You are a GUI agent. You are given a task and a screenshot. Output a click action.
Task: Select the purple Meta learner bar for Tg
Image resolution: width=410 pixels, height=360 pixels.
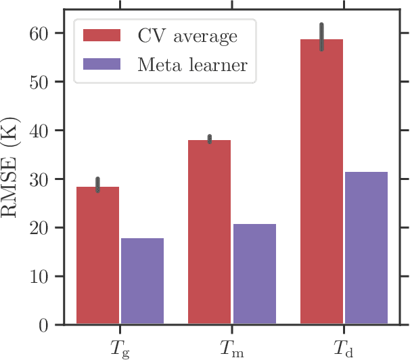pyautogui.click(x=142, y=282)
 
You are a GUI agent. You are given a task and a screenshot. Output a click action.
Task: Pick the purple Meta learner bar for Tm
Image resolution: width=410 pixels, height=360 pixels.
pyautogui.click(x=254, y=274)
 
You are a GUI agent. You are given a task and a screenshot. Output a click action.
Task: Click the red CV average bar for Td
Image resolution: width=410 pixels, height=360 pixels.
pyautogui.click(x=321, y=182)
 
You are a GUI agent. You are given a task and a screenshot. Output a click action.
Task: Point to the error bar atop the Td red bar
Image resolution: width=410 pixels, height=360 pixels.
pyautogui.click(x=321, y=37)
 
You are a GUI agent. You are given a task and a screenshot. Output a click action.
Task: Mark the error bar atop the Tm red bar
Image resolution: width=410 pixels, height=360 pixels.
pyautogui.click(x=209, y=139)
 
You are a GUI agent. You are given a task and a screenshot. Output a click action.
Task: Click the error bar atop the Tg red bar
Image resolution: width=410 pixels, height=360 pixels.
pyautogui.click(x=98, y=185)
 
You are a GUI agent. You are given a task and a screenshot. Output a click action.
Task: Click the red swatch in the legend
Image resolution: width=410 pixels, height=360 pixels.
pyautogui.click(x=101, y=35)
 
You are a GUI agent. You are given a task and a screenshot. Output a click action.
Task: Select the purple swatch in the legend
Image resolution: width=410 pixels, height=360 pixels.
pyautogui.click(x=101, y=64)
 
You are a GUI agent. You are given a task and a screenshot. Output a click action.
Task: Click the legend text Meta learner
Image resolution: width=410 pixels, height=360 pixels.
pyautogui.click(x=192, y=64)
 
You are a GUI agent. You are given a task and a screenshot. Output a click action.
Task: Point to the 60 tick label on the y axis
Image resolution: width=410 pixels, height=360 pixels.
pyautogui.click(x=45, y=33)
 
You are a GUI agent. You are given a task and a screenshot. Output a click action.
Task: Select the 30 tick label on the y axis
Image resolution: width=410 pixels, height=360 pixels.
pyautogui.click(x=45, y=179)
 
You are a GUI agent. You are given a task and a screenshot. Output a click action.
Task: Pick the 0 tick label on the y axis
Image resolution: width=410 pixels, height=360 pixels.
pyautogui.click(x=49, y=325)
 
